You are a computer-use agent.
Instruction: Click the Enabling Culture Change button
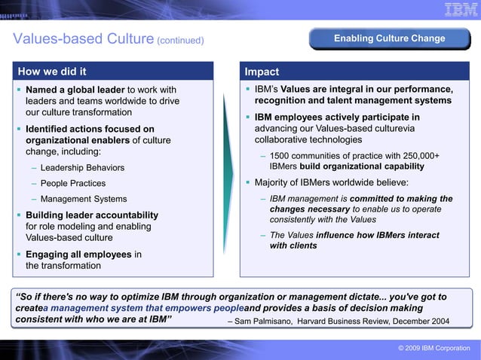(390, 38)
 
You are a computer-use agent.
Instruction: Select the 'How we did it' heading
(52, 72)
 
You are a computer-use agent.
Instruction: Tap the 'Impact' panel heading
(262, 72)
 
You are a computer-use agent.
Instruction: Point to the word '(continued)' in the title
(180, 40)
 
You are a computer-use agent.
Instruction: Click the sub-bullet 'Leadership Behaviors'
(82, 167)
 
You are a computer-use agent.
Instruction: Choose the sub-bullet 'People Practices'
(73, 183)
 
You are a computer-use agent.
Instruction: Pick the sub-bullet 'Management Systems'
(84, 199)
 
